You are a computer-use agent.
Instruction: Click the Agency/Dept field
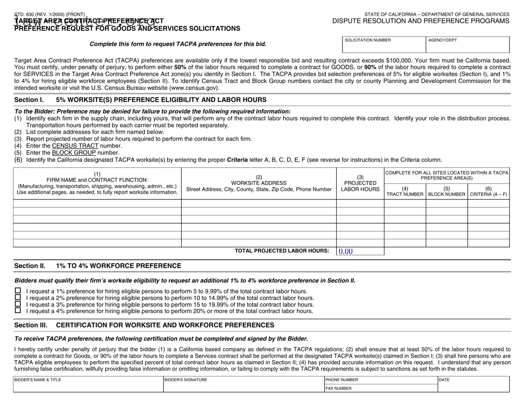click(x=467, y=47)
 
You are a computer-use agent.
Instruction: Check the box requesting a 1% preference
click(x=18, y=291)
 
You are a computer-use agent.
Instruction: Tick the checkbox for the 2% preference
click(x=18, y=298)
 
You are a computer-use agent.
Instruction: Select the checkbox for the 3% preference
click(x=18, y=304)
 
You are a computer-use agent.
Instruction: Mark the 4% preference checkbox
click(x=18, y=310)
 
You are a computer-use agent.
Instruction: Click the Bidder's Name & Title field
click(x=88, y=386)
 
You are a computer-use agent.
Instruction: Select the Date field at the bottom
click(x=473, y=386)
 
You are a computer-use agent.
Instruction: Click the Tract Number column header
click(x=405, y=191)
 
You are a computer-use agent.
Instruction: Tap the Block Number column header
click(x=447, y=191)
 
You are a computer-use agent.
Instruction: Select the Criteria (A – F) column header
click(x=488, y=191)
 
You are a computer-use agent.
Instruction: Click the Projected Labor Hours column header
click(x=360, y=183)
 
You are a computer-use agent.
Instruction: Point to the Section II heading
click(x=97, y=266)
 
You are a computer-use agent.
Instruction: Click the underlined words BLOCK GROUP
click(x=74, y=153)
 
